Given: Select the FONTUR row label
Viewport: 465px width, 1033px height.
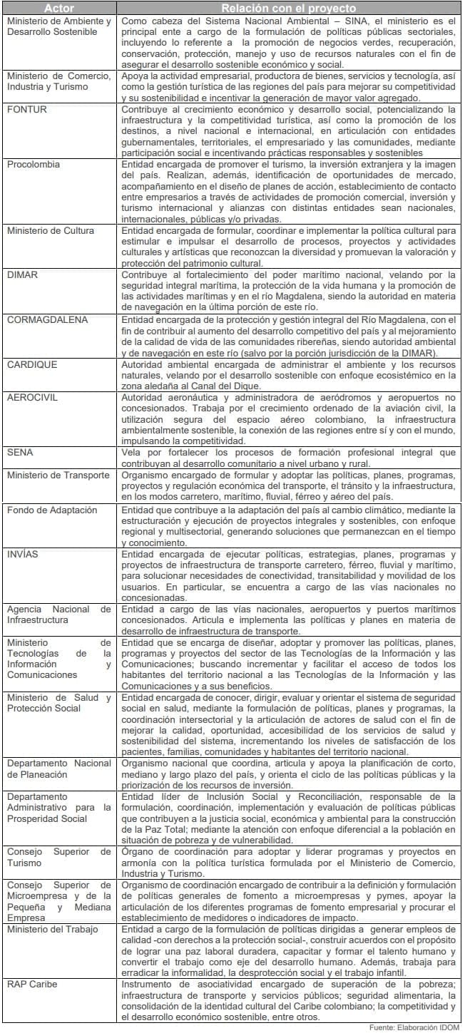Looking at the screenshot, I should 28,109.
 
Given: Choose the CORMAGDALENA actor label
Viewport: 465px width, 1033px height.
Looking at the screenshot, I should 47,319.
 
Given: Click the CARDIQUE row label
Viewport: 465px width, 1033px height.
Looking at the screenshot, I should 31,364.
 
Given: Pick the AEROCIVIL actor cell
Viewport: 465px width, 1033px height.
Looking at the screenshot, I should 34,396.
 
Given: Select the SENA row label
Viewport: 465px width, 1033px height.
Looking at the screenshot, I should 20,452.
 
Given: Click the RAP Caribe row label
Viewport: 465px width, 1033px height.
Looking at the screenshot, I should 32,985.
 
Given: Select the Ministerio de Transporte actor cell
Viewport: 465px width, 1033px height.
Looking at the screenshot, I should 58,475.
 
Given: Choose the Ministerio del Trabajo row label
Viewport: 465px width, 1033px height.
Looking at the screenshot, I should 53,929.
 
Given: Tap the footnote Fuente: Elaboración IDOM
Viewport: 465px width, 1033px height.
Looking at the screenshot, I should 414,1027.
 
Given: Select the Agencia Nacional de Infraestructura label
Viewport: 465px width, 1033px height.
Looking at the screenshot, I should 59,615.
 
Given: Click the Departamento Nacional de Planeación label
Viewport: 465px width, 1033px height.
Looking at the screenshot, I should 59,768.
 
